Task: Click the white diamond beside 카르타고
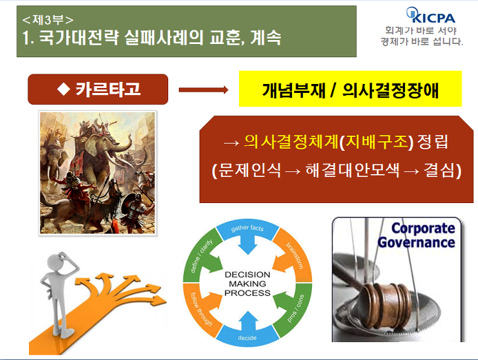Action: tap(64, 89)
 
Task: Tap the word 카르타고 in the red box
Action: tap(108, 89)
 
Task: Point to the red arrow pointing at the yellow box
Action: tap(203, 89)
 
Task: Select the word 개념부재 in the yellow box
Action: tap(293, 90)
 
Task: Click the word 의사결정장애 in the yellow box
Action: tap(391, 90)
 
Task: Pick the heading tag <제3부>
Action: tap(48, 20)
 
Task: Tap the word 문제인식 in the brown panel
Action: tap(250, 170)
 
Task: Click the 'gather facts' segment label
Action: tap(247, 228)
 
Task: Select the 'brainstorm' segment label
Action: tap(295, 255)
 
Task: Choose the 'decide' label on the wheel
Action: tap(247, 338)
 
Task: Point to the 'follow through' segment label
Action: tap(201, 309)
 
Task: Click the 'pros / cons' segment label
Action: tap(295, 308)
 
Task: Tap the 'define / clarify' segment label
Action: tap(201, 256)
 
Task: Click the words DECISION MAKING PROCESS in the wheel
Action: tap(247, 284)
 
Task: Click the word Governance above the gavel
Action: tap(417, 243)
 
